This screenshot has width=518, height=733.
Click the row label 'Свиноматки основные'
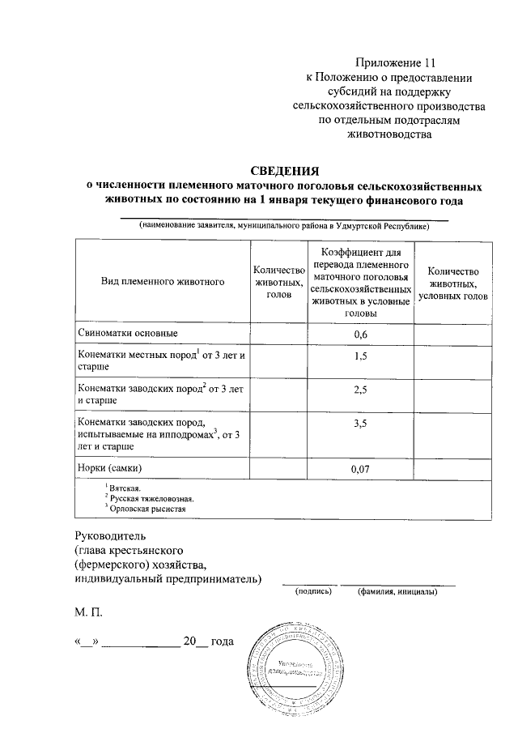point(128,334)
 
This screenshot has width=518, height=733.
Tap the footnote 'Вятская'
point(125,488)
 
